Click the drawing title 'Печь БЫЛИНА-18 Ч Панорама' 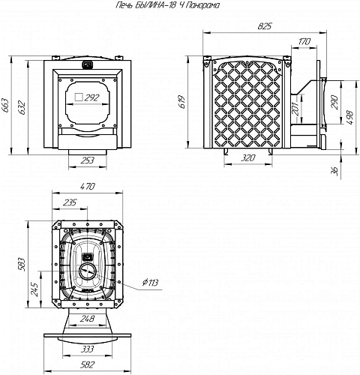(x=168, y=5)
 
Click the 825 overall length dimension (x=265, y=25)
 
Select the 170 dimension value (x=304, y=41)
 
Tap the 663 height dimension (x=4, y=106)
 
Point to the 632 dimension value (x=22, y=107)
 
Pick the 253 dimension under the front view (x=88, y=160)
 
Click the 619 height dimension (x=182, y=101)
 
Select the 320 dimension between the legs (x=248, y=157)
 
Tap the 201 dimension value (x=295, y=108)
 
